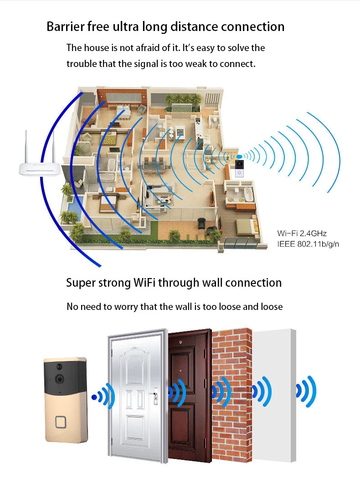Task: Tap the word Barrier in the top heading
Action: point(65,26)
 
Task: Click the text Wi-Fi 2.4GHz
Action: point(302,233)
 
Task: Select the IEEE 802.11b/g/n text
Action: point(308,244)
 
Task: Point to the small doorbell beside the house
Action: point(240,168)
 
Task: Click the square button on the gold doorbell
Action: point(60,422)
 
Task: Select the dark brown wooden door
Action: point(190,395)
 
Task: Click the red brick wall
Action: point(232,395)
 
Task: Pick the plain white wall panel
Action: point(274,395)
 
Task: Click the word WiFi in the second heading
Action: point(144,283)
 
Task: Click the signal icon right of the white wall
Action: point(306,391)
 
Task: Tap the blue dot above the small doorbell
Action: point(240,157)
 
